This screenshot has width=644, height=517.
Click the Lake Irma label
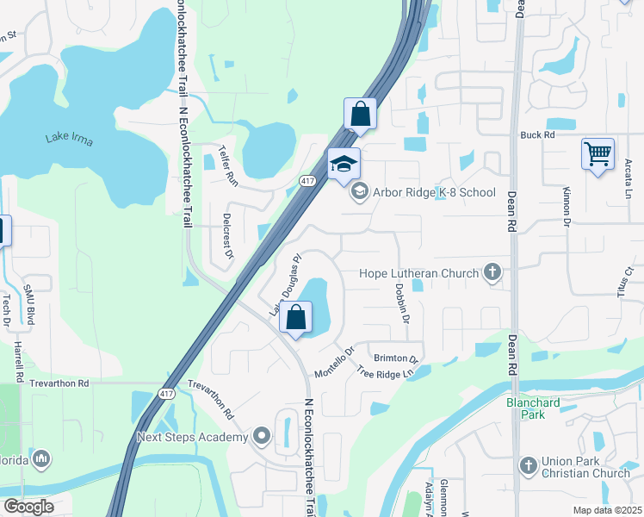[70, 140]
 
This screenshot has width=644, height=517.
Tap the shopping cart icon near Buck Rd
[598, 155]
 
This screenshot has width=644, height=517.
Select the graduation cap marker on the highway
[344, 164]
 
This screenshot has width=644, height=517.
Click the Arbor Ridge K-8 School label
[434, 192]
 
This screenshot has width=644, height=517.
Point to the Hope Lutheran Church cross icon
[492, 273]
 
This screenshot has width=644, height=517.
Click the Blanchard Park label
[532, 408]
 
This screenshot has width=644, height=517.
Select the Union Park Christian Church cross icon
[529, 466]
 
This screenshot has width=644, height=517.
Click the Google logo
[28, 506]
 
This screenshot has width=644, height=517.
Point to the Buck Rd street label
[537, 135]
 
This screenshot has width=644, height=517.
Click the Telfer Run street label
[230, 163]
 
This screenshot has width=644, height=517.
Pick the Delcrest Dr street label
[227, 236]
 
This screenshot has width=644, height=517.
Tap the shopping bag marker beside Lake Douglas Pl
[295, 317]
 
